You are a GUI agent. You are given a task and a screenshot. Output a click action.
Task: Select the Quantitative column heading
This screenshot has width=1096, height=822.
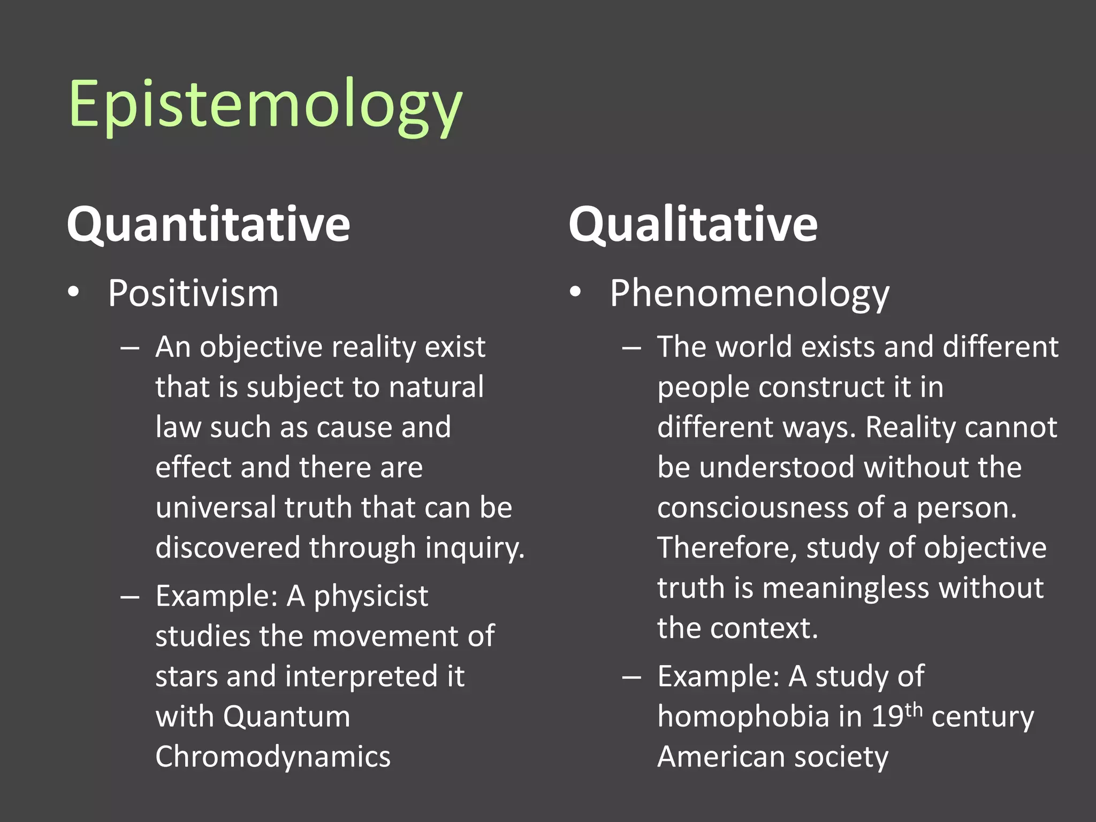[x=208, y=225]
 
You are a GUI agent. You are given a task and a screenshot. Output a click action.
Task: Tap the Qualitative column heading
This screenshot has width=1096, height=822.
[x=693, y=225]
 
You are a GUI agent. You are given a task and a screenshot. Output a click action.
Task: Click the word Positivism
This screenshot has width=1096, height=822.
[x=193, y=294]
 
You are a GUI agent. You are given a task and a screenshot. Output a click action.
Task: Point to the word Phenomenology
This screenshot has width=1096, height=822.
[x=749, y=295]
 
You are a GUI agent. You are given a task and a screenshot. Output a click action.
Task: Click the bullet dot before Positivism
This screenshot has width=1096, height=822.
[x=74, y=292]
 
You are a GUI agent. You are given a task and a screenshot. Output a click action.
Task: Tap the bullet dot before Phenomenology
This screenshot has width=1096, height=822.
[x=575, y=292]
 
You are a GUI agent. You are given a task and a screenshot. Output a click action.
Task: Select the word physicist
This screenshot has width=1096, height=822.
[x=371, y=597]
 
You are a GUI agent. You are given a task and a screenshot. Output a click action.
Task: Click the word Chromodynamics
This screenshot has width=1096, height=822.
[x=273, y=757]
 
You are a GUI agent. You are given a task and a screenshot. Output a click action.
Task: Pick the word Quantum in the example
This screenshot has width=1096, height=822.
[x=287, y=717]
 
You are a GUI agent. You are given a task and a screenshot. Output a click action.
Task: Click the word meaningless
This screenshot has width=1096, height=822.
[x=846, y=588]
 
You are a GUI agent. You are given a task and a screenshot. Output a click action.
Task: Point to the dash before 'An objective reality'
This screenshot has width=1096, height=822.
[x=130, y=348]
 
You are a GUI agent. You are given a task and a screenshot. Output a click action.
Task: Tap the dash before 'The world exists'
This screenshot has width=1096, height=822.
[x=631, y=348]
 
